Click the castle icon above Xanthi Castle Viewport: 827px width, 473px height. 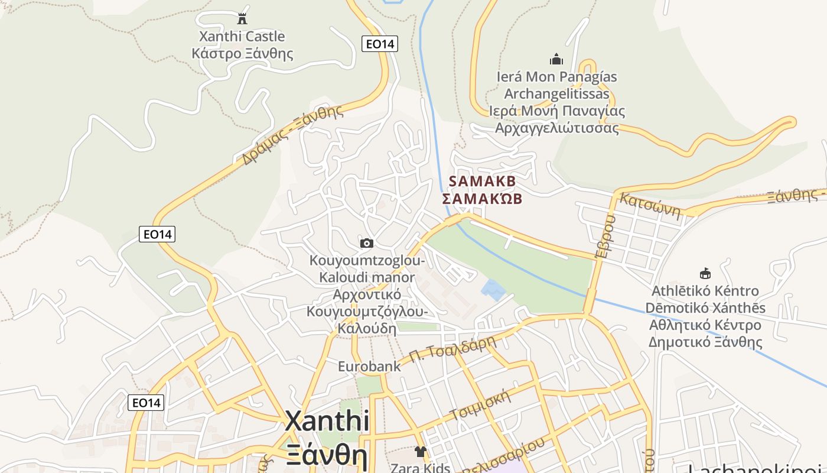click(242, 18)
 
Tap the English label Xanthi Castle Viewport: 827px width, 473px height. click(242, 37)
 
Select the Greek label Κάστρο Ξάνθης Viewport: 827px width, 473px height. click(242, 54)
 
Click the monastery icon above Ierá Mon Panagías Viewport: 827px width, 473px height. click(556, 59)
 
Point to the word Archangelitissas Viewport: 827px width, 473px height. click(556, 94)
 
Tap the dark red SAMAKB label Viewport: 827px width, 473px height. click(483, 181)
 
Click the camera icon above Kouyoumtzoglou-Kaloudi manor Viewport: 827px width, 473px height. click(367, 243)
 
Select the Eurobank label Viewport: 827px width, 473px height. click(369, 367)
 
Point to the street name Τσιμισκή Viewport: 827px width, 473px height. click(479, 405)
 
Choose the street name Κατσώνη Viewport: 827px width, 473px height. click(649, 205)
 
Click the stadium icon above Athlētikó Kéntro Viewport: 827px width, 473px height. click(705, 274)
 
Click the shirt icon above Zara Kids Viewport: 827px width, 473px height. click(420, 452)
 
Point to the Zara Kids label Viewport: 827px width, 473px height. click(420, 468)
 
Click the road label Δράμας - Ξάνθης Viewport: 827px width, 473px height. click(292, 135)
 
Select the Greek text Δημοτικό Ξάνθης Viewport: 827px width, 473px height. click(705, 342)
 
